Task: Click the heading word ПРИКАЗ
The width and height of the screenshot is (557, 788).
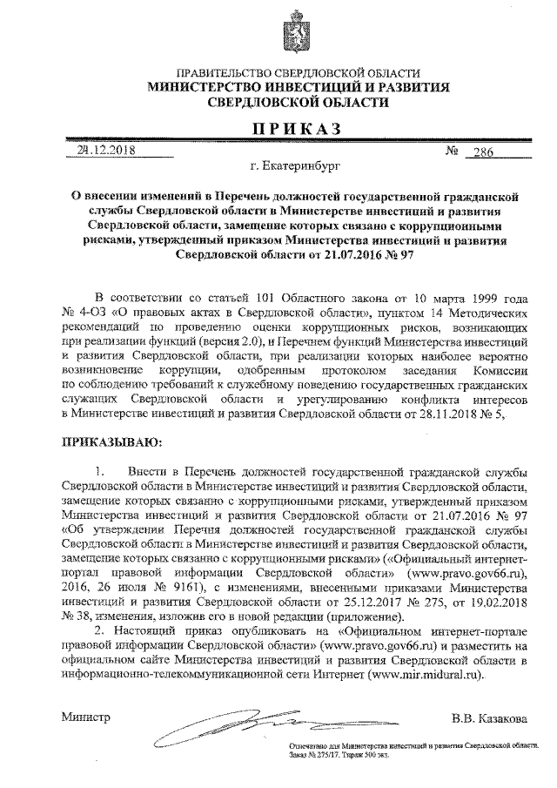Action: coord(291,130)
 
